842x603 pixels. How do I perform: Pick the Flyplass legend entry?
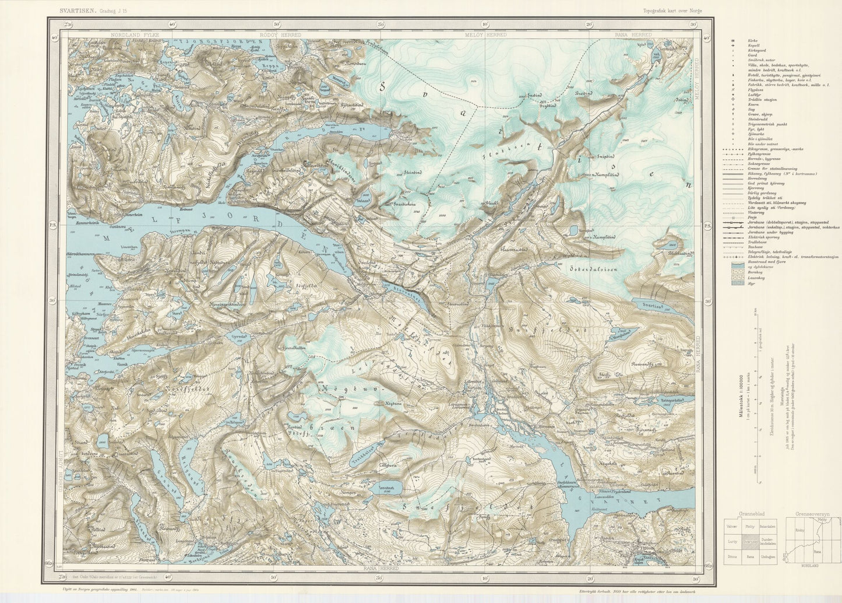pos(754,89)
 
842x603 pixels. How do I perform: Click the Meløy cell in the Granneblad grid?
pos(749,526)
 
